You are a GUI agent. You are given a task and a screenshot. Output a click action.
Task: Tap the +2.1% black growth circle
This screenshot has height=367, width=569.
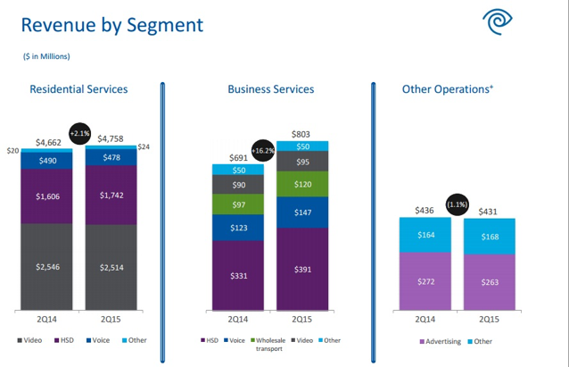pos(79,133)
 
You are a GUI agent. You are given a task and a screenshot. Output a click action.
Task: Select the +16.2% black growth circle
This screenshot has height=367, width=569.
pos(264,152)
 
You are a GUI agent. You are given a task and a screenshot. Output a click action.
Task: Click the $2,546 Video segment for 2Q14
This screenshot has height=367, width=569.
pos(48,266)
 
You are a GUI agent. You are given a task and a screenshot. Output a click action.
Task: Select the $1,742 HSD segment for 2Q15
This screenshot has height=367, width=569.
pos(112,195)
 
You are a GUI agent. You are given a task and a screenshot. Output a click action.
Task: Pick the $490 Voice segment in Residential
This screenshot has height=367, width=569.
pos(48,161)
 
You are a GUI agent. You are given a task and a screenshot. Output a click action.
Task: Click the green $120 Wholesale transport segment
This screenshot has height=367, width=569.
pos(302,184)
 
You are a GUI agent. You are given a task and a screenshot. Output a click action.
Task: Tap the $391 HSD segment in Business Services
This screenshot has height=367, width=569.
pos(302,268)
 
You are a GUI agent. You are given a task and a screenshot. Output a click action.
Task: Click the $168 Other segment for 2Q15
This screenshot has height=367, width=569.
pos(490,237)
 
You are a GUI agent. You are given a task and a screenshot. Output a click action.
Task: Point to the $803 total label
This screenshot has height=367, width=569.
pos(302,133)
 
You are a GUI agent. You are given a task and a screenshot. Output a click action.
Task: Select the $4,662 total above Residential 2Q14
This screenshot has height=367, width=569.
pos(49,142)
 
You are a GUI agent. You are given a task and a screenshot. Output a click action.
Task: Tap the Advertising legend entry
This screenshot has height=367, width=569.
pos(441,340)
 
